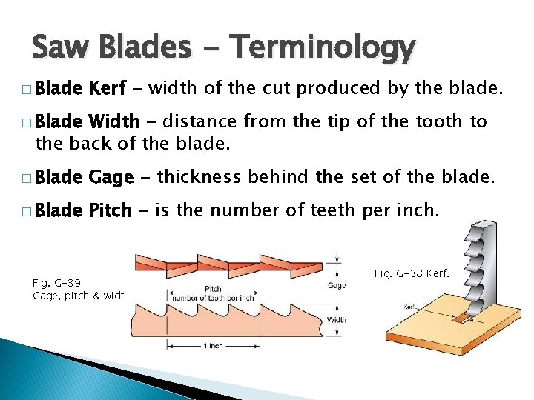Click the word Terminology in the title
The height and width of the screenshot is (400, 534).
[322, 48]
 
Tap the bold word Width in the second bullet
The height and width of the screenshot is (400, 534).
[113, 121]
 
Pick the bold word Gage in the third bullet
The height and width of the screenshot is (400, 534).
[111, 178]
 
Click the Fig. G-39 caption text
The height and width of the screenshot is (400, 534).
[58, 283]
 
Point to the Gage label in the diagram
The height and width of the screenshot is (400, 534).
[335, 285]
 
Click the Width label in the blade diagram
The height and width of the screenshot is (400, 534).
[336, 320]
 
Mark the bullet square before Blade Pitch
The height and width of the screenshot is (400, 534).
[27, 211]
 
